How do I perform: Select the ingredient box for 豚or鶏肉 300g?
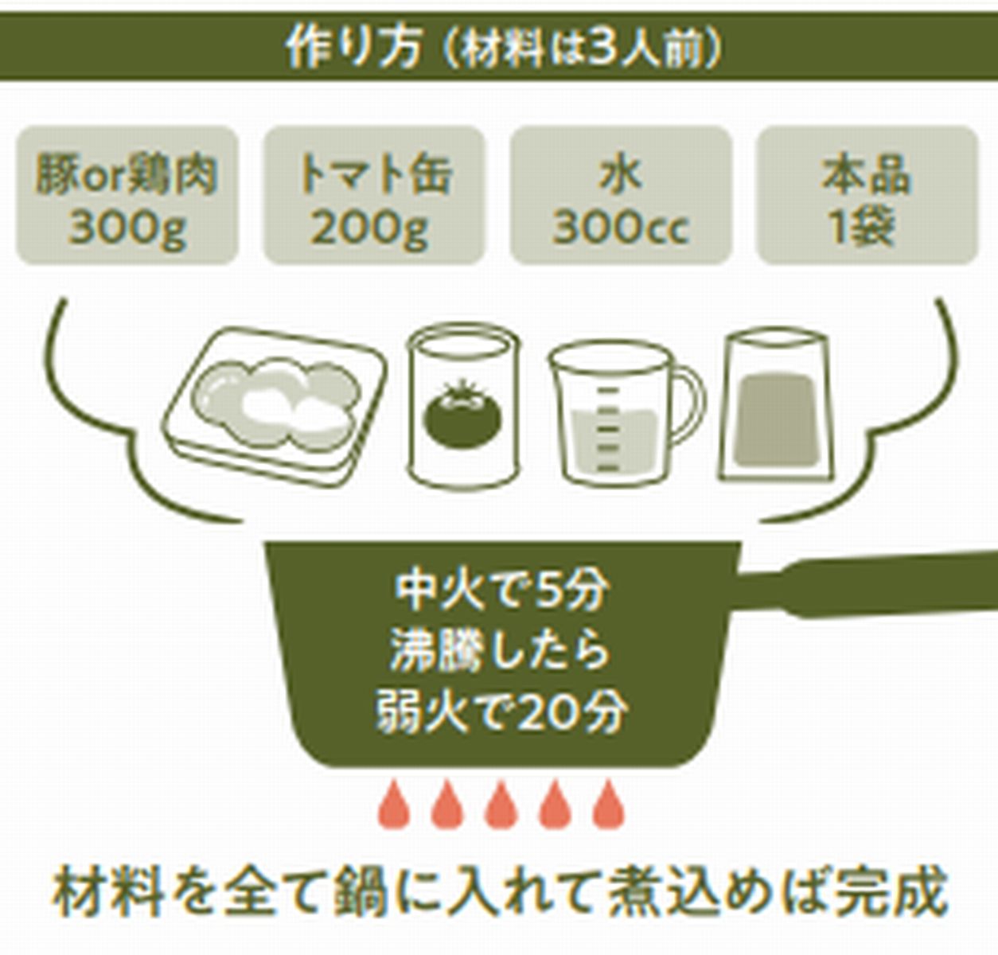point(127,196)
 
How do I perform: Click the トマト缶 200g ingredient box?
point(373,196)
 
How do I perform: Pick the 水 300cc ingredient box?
point(620,196)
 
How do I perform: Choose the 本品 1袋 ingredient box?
point(866,196)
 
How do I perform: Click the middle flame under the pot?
point(501,805)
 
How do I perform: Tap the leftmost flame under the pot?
point(393,805)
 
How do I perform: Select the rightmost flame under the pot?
point(609,805)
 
